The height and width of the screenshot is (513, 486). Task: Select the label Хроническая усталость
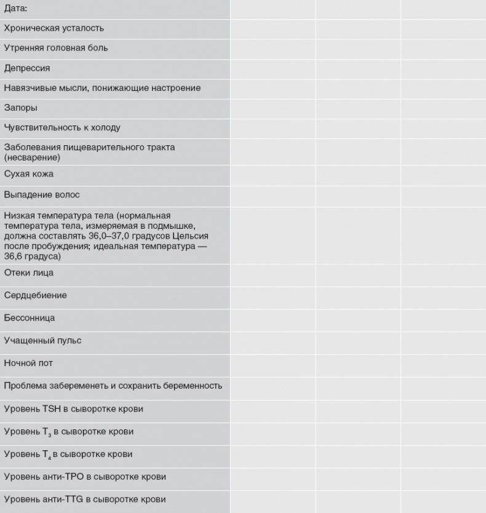[x=54, y=28]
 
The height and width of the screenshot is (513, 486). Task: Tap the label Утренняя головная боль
[x=55, y=48]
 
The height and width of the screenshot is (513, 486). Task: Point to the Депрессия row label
[x=26, y=68]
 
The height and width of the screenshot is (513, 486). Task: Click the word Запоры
[x=20, y=108]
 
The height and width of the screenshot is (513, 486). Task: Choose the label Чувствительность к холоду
[x=62, y=128]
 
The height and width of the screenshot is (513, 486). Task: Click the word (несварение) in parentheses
[x=31, y=158]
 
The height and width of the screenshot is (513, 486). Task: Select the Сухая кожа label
[x=28, y=174]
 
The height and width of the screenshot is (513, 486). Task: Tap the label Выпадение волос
[x=42, y=195]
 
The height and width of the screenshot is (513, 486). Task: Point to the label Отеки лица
[x=28, y=273]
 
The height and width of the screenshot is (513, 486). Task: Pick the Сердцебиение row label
[x=35, y=295]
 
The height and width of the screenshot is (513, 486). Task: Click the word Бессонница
[x=29, y=318]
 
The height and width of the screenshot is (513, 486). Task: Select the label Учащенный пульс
[x=42, y=340]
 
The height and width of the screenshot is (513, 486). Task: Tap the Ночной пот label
[x=28, y=363]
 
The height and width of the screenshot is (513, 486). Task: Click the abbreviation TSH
[x=50, y=408]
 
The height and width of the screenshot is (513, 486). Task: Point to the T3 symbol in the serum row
[x=44, y=432]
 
